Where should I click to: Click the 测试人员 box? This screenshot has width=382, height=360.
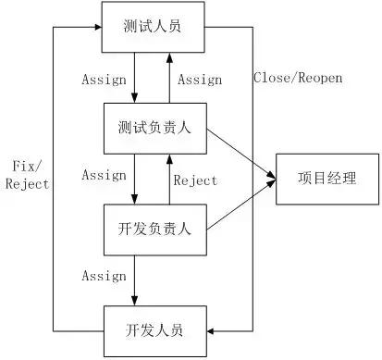pos(151,26)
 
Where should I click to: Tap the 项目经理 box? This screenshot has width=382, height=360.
pos(327,178)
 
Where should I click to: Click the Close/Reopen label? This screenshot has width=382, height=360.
pos(297,78)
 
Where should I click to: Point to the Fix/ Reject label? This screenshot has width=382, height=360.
pos(27,175)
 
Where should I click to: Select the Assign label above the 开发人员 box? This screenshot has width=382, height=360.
pos(104,276)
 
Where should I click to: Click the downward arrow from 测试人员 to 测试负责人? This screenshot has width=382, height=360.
pos(135,78)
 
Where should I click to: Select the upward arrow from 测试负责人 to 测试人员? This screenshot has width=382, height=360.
pos(168,78)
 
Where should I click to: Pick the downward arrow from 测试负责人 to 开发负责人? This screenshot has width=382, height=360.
pos(135,180)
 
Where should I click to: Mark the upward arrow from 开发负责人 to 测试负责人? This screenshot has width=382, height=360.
pos(168,180)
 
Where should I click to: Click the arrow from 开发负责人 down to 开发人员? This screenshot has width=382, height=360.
pos(135,278)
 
